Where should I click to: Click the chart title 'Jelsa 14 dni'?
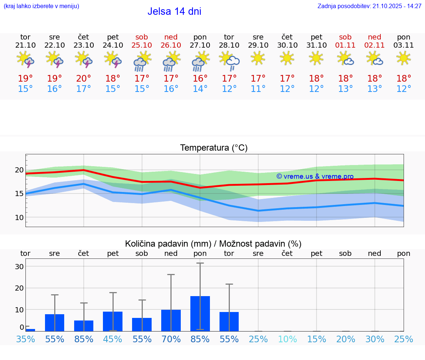174,11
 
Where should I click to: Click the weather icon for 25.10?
142,61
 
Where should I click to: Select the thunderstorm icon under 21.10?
25,60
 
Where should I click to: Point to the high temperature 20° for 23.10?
84,79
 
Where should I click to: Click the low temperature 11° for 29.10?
258,89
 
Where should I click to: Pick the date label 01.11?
345,45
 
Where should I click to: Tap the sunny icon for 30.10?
287,58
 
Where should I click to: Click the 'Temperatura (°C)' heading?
214,148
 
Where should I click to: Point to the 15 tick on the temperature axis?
19,193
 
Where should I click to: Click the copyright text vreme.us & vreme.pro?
315,176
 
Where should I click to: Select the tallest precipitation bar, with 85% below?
200,313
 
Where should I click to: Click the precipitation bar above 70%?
171,320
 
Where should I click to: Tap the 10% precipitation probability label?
287,339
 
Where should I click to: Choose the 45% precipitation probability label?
113,339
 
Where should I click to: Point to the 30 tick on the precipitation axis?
19,267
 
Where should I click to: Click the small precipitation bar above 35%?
30,330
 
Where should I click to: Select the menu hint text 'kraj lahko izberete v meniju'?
41,6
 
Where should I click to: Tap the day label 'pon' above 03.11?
404,37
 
